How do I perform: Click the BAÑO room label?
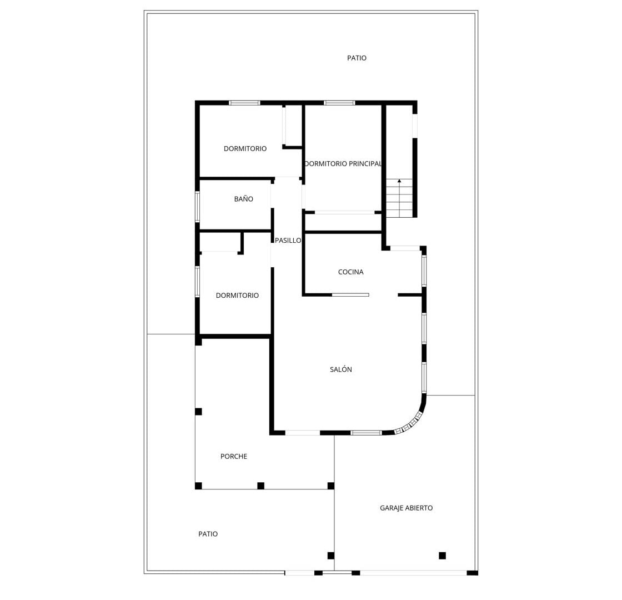[244, 199]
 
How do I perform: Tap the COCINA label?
[350, 272]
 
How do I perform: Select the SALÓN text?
[341, 369]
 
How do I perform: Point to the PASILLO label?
[288, 241]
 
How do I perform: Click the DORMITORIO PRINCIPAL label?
[343, 163]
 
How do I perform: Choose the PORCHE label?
[234, 457]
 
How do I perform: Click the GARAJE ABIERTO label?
[406, 508]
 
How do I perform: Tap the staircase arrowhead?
[399, 181]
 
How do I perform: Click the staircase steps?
[399, 198]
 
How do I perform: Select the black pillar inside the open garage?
[442, 556]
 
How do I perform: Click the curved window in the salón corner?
[409, 424]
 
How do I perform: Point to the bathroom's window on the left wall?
[197, 207]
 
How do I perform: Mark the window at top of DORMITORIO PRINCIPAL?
[339, 103]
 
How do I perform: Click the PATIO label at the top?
[357, 58]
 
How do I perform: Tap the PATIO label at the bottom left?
[208, 534]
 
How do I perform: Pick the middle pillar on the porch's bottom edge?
[260, 486]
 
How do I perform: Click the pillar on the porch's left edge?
[198, 412]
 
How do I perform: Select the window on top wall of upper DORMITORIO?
[244, 103]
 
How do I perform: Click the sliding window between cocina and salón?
[350, 295]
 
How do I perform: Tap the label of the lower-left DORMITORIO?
[237, 296]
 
